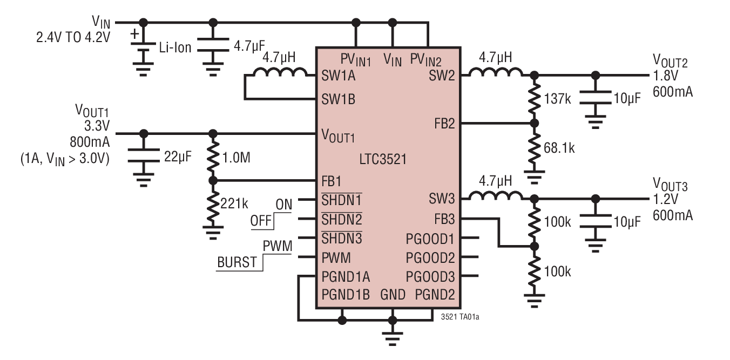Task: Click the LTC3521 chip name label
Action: coord(383,159)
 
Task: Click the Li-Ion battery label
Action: coord(174,47)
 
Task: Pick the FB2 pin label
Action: coord(443,123)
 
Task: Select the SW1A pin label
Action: coord(339,76)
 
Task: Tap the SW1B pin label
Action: coord(339,99)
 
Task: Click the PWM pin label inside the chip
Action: coord(336,257)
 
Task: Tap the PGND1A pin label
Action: coord(346,277)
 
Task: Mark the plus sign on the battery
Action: coord(135,35)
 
